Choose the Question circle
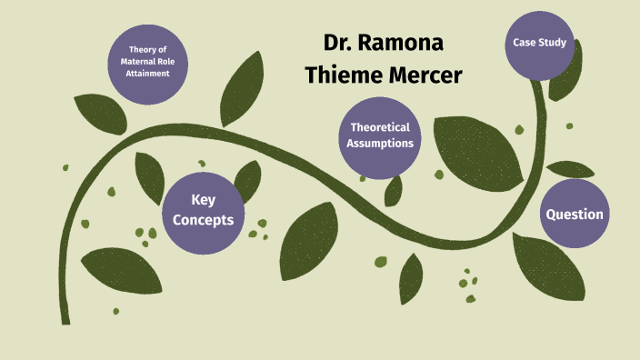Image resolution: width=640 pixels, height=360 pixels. coord(574,215)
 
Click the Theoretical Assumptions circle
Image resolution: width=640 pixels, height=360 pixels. coord(381,135)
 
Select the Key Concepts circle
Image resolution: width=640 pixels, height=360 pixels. coord(204,210)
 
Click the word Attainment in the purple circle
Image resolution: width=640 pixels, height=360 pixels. coord(149,74)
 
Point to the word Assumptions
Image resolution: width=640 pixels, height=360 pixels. coord(382,144)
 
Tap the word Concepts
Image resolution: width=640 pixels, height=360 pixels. coord(204,220)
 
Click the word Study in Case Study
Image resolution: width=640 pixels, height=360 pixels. coord(553,43)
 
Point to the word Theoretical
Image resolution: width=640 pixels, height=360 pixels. coord(381,127)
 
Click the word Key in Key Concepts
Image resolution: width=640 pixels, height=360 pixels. coord(204,200)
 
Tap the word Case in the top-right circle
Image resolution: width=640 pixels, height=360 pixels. coord(525,43)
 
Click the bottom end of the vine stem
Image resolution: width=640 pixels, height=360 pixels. coord(65,320)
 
